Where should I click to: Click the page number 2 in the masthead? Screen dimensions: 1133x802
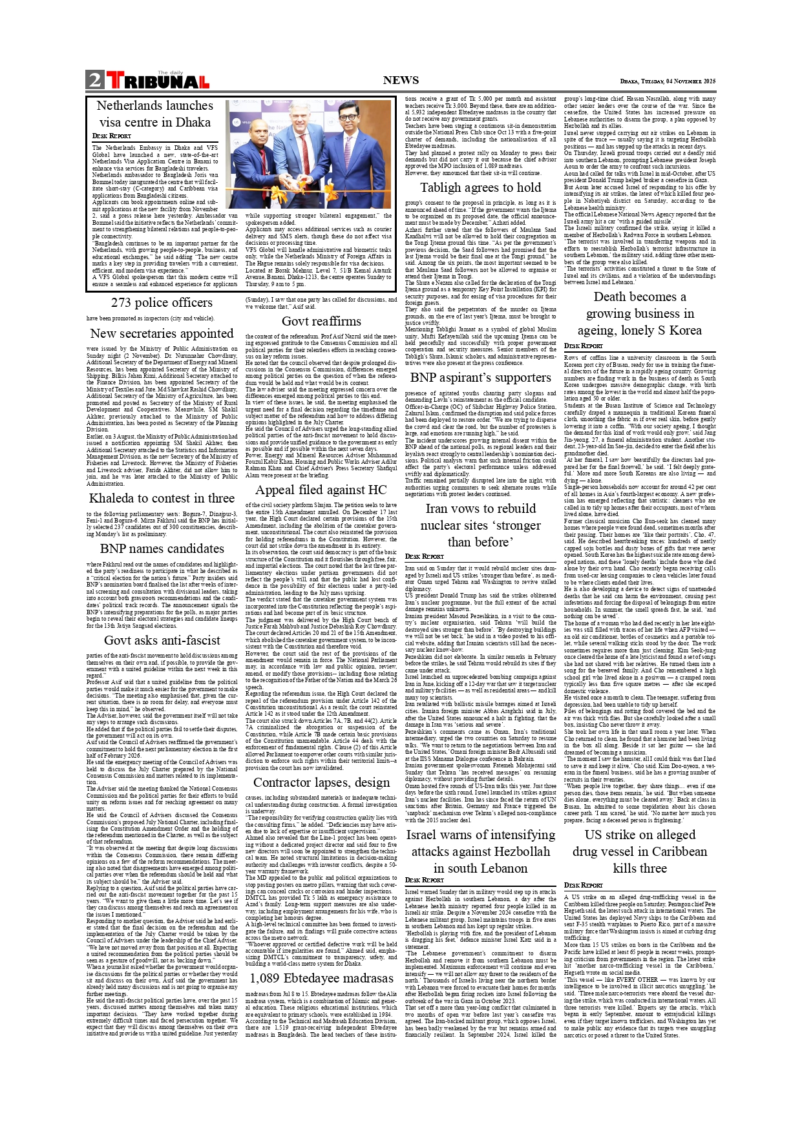coord(94,80)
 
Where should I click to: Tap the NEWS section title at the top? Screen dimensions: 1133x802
coord(401,80)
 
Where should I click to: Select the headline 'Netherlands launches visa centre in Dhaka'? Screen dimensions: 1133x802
coord(154,114)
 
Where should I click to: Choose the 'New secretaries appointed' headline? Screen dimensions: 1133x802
coord(162,333)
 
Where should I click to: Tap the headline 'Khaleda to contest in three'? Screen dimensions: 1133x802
coord(162,498)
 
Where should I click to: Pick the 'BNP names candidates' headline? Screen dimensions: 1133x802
coord(162,548)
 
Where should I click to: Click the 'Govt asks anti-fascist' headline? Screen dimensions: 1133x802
coord(162,640)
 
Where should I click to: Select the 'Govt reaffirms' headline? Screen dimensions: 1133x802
coord(321,321)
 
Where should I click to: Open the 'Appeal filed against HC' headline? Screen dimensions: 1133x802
coord(321,490)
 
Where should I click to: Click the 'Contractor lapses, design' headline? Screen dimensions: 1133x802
coord(321,782)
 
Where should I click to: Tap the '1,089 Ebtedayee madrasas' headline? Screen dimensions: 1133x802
coord(321,978)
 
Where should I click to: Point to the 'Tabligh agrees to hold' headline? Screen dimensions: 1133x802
coord(480,187)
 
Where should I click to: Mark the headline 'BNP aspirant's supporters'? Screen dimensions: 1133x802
coord(480,377)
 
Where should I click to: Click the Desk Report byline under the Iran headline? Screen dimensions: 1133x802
coord(424,556)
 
